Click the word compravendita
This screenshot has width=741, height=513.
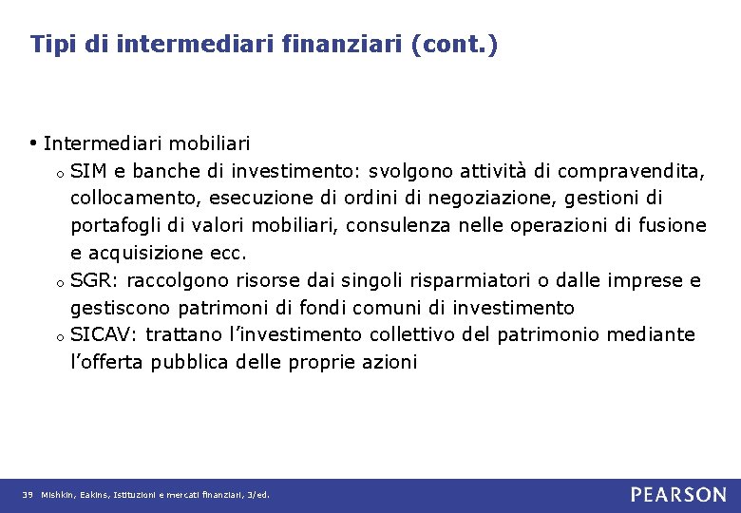(x=631, y=171)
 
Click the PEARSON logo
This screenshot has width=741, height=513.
(x=678, y=494)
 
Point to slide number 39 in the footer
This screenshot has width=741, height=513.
(x=28, y=495)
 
